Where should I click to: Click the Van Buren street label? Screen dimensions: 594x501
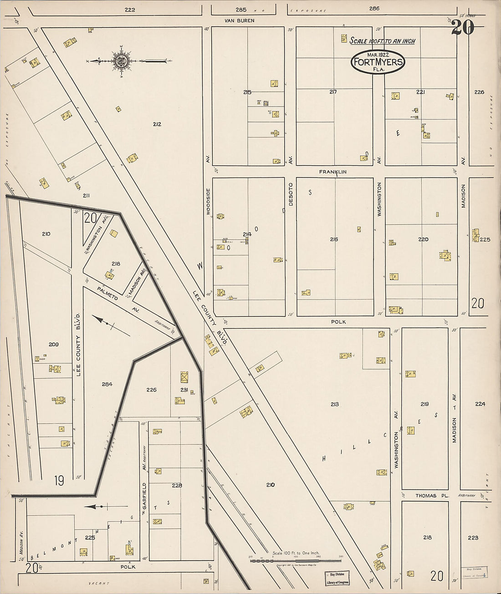239,20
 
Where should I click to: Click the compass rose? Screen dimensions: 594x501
122,61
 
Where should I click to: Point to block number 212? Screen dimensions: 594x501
157,124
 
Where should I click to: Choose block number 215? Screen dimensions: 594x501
247,92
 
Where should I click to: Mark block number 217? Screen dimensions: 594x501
333,92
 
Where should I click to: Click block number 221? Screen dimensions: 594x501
420,92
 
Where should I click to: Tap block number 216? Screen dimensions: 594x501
334,239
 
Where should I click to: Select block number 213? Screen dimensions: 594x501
335,404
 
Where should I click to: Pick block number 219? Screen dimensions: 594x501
424,404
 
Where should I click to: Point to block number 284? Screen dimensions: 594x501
107,384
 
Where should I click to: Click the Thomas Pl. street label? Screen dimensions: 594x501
425,496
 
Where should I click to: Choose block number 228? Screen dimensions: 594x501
177,485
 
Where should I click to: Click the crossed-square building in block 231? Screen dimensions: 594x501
184,377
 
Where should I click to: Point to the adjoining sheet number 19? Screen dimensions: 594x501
59,481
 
